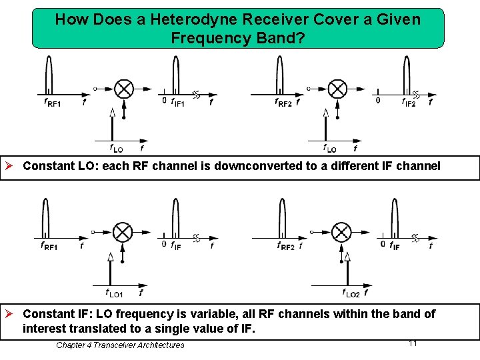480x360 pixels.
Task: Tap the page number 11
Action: coord(413,343)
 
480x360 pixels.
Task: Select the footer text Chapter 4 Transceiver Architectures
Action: coord(120,345)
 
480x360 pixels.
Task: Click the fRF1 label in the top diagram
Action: coord(52,103)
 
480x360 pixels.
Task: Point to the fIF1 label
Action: coord(178,102)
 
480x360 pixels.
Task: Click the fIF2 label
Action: coord(409,103)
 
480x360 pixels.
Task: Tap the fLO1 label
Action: coord(115,293)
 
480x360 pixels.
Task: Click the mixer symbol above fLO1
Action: coord(123,232)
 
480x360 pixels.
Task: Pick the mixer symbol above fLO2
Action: coord(341,232)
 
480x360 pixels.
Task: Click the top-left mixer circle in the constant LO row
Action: coord(123,88)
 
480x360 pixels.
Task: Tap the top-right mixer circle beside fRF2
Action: coord(338,88)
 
